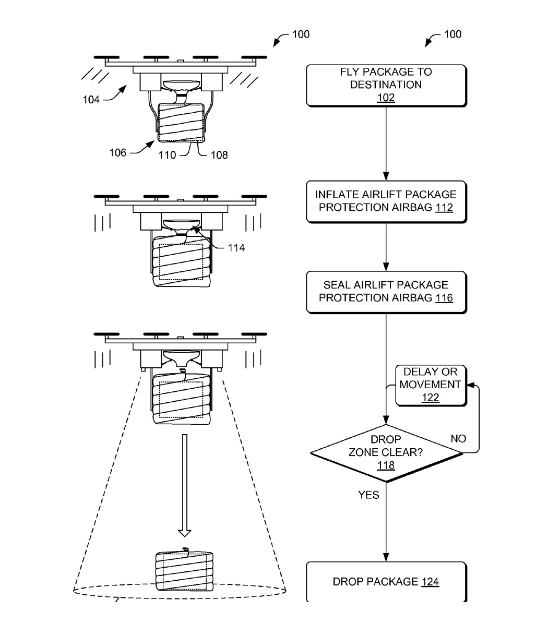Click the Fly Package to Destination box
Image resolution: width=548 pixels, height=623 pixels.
click(x=386, y=85)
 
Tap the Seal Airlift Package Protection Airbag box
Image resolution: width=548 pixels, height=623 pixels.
click(x=386, y=292)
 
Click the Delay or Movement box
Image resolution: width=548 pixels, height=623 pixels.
click(x=431, y=385)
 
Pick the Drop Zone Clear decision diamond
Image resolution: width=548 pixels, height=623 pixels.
click(x=386, y=452)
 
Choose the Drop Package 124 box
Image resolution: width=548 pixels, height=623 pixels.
click(x=386, y=582)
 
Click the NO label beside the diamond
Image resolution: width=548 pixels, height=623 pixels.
click(x=458, y=439)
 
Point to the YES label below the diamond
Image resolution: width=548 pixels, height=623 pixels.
click(x=368, y=495)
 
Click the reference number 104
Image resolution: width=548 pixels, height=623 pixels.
click(x=91, y=99)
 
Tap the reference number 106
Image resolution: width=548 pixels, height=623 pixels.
click(x=117, y=153)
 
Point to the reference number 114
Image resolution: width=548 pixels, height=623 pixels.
click(x=236, y=248)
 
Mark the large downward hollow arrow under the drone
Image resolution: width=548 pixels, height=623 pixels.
click(x=184, y=485)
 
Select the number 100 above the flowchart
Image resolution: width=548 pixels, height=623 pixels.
click(x=452, y=34)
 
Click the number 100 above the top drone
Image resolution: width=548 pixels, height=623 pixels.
click(x=300, y=34)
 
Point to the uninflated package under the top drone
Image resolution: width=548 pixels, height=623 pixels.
click(x=181, y=123)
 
